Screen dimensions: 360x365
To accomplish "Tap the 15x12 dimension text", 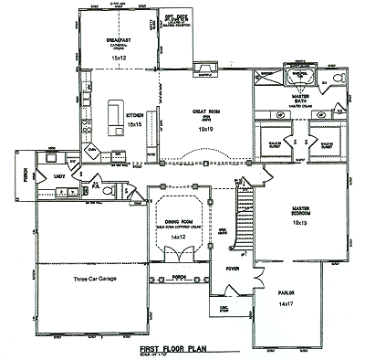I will [x=116, y=58].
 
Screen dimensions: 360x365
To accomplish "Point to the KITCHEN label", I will [x=133, y=113].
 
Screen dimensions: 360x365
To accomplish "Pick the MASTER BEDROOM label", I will [x=300, y=211].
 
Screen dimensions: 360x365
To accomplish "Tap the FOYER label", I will [x=232, y=269].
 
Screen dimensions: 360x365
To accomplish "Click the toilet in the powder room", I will [x=107, y=193].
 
